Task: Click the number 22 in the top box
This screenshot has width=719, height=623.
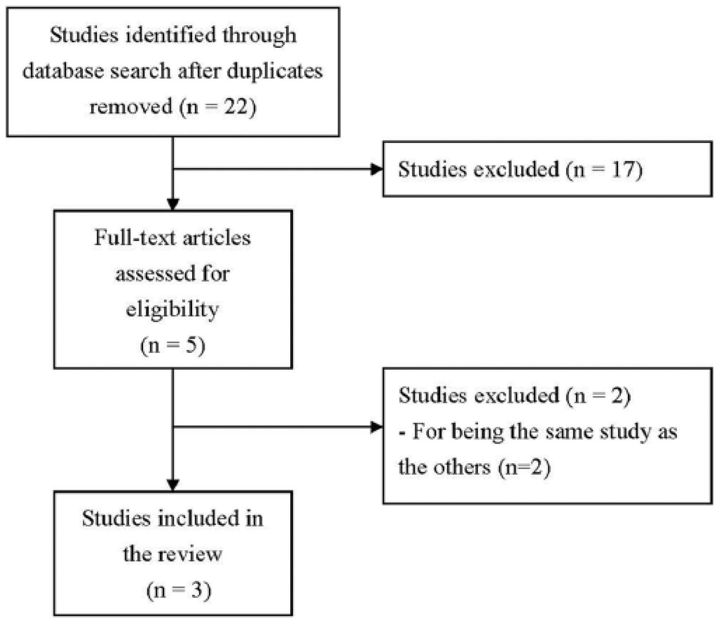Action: (236, 107)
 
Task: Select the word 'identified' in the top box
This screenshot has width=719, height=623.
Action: (171, 35)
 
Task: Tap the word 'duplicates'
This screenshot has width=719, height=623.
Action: (275, 71)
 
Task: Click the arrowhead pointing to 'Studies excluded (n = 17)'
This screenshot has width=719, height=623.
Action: (376, 169)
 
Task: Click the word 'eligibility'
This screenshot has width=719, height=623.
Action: (172, 310)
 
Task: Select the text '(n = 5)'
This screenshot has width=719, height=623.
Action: (172, 346)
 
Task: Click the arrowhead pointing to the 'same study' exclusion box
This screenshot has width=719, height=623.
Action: (376, 427)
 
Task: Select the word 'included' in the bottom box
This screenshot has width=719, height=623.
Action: (199, 519)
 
